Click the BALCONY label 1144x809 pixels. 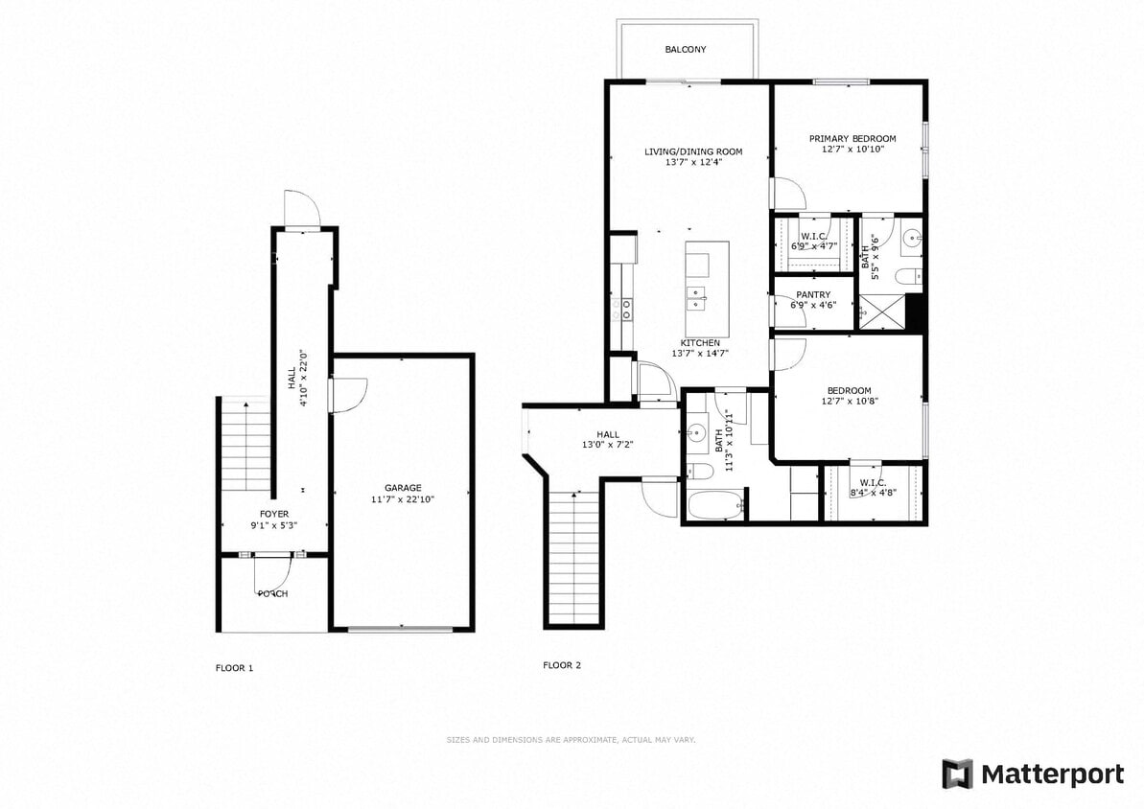pos(686,50)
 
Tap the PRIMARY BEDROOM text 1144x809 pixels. pos(852,138)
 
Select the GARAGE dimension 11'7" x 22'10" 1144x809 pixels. pos(403,499)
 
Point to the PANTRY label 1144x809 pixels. pos(813,295)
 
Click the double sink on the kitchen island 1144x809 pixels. pos(697,293)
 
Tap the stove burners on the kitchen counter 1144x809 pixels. pos(627,308)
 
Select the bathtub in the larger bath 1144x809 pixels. pos(715,503)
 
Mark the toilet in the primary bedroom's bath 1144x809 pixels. pos(908,278)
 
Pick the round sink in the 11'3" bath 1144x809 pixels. pos(697,433)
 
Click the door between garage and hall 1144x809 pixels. pos(349,394)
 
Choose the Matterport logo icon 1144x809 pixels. pos(957,774)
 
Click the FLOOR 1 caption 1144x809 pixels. pos(234,667)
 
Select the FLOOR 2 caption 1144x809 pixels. pos(562,665)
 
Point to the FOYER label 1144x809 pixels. pos(274,515)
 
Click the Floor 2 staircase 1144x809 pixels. pos(573,556)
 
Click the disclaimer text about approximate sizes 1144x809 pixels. pos(572,740)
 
